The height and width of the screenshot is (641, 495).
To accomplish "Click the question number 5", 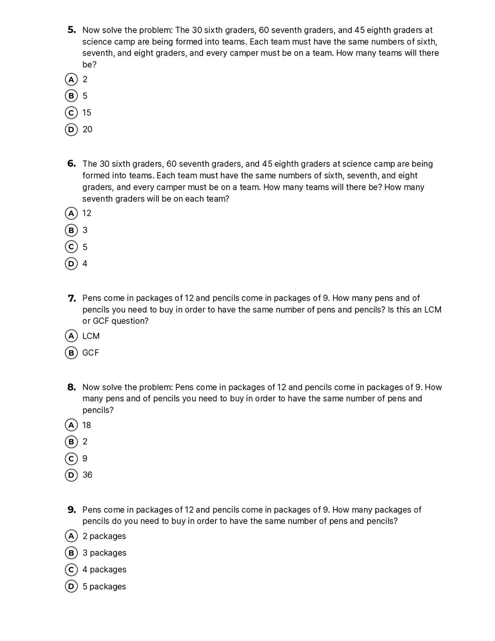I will [72, 30].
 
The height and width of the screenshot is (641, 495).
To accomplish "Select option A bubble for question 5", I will [71, 80].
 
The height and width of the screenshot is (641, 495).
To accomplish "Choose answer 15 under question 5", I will [87, 113].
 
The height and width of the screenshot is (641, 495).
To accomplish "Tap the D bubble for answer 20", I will [71, 129].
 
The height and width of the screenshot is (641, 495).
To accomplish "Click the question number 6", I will [72, 164].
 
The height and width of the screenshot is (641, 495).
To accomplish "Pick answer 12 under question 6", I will [87, 213].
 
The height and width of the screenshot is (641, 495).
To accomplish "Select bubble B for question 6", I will [71, 230].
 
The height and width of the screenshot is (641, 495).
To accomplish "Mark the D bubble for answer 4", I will [71, 263].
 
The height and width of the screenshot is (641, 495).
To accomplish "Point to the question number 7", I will [72, 298].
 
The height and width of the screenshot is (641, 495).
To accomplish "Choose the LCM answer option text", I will [91, 336].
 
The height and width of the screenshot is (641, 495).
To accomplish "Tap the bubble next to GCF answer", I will [71, 353].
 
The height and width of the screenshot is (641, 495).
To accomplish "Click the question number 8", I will [72, 387].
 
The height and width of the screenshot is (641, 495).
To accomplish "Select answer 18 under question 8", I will [87, 425].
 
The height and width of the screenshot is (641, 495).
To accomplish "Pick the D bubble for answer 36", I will [71, 475].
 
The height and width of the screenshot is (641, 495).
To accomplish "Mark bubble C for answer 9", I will [71, 458].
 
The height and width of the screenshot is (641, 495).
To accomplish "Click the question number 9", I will [72, 510].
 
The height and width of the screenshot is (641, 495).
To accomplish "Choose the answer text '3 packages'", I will [104, 553].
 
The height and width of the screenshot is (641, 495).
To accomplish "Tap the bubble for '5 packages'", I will [71, 587].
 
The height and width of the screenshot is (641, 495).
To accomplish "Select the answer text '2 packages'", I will [104, 536].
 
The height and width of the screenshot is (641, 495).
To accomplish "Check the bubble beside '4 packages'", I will [71, 569].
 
